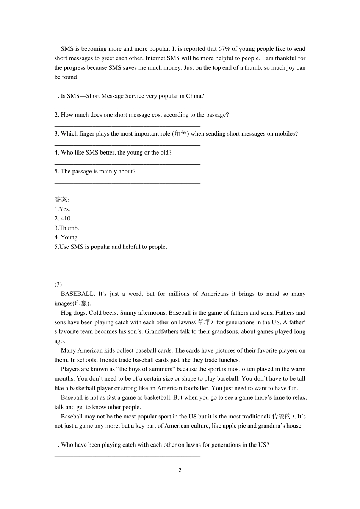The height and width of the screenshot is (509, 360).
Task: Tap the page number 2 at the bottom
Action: coord(180,470)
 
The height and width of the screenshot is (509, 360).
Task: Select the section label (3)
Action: coord(58,284)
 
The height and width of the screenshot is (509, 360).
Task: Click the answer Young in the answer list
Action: coord(69,237)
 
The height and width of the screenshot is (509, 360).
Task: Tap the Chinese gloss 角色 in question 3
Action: coord(180,134)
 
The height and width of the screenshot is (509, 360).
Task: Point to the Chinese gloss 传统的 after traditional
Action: coord(281,417)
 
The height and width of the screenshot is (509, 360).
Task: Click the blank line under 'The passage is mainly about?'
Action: coord(127,183)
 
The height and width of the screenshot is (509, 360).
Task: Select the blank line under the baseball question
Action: coord(127,456)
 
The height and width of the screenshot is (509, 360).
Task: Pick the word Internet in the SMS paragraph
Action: coord(155,58)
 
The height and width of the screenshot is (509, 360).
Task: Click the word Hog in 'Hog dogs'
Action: coord(66,313)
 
